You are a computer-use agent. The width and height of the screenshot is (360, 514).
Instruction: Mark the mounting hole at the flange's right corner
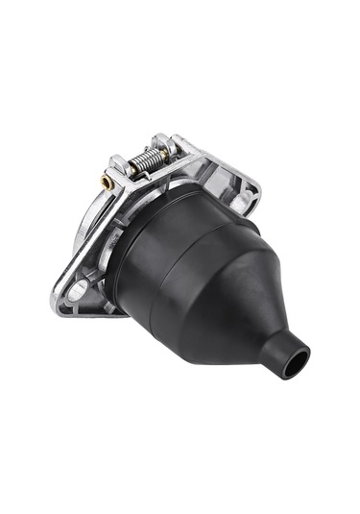coord(249,200)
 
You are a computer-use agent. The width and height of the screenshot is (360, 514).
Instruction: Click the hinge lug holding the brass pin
coord(118,171)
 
